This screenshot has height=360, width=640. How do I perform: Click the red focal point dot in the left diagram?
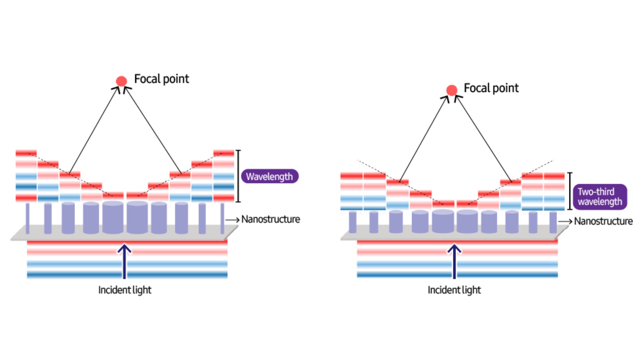121,81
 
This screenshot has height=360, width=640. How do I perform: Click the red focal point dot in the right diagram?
452,90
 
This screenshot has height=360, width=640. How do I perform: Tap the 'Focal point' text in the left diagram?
161,79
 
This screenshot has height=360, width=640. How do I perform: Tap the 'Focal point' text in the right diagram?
491,88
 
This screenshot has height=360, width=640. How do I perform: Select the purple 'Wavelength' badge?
269,176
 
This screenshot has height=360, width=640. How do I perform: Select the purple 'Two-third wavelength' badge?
600,197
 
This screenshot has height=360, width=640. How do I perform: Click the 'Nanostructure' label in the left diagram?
270,219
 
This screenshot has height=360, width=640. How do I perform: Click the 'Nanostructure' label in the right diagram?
603,221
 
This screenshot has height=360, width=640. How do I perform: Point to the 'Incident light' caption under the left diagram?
125,290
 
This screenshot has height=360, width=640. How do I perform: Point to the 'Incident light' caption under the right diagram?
454,290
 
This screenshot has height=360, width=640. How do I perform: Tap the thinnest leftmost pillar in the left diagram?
28,218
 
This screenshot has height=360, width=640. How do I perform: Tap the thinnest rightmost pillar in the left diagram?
222,218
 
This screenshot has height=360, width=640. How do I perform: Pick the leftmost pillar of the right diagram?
352,222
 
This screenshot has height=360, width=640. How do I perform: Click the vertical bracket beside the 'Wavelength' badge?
238,176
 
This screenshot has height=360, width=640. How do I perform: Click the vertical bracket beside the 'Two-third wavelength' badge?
570,191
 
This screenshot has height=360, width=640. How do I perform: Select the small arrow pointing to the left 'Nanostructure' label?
232,220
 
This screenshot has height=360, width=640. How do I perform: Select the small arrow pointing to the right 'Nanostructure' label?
565,221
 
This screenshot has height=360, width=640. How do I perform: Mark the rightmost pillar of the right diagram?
553,222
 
